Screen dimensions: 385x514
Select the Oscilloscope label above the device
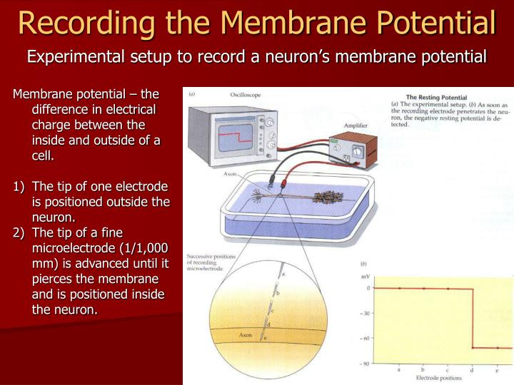pos(245,94)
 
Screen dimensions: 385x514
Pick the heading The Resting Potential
pos(436,97)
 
